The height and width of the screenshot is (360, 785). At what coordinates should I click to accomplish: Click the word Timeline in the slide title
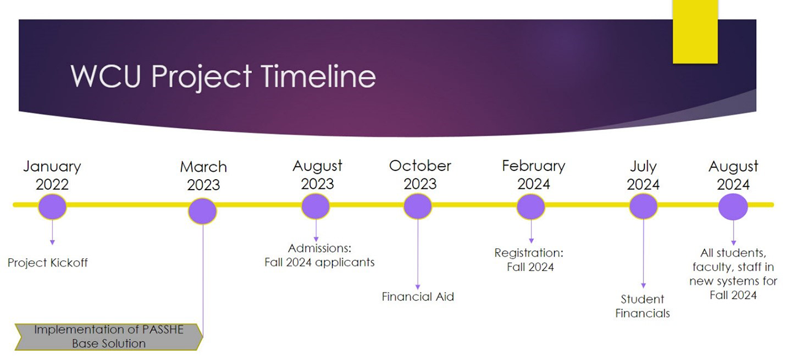pos(318,77)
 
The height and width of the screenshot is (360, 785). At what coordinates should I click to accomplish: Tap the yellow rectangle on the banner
pos(695,31)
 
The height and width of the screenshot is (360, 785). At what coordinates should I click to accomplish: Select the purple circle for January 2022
pos(52,207)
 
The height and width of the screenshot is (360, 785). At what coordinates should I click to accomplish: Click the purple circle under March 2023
pos(202,211)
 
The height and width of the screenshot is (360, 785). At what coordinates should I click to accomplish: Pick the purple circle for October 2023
pos(418,207)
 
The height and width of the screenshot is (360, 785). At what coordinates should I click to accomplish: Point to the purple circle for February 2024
pos(530,207)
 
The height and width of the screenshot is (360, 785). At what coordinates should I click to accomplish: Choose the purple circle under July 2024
pos(643,207)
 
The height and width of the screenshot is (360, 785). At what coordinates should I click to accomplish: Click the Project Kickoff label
pos(48,262)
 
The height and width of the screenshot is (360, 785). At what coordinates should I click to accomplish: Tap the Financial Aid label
pos(418,297)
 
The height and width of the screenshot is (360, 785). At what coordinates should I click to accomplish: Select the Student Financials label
pos(642,306)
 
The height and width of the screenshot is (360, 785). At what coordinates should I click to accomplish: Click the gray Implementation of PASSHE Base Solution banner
pos(109,337)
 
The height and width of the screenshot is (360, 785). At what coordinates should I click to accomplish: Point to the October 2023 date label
pos(420,175)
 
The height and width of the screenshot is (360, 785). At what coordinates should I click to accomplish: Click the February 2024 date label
pos(534,175)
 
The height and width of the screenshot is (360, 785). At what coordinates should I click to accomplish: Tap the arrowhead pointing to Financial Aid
pos(418,287)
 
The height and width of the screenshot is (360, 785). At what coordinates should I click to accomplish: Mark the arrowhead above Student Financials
pos(643,286)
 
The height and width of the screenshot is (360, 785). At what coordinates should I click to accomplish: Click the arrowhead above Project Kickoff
pos(52,242)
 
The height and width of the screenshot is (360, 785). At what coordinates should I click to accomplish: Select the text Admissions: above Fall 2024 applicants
pos(320,248)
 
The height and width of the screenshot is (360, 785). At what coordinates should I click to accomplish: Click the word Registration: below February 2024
pos(529,253)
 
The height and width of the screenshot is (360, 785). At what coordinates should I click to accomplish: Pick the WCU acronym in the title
pos(105,76)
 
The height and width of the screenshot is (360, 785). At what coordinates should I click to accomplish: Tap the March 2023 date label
pos(203,175)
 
